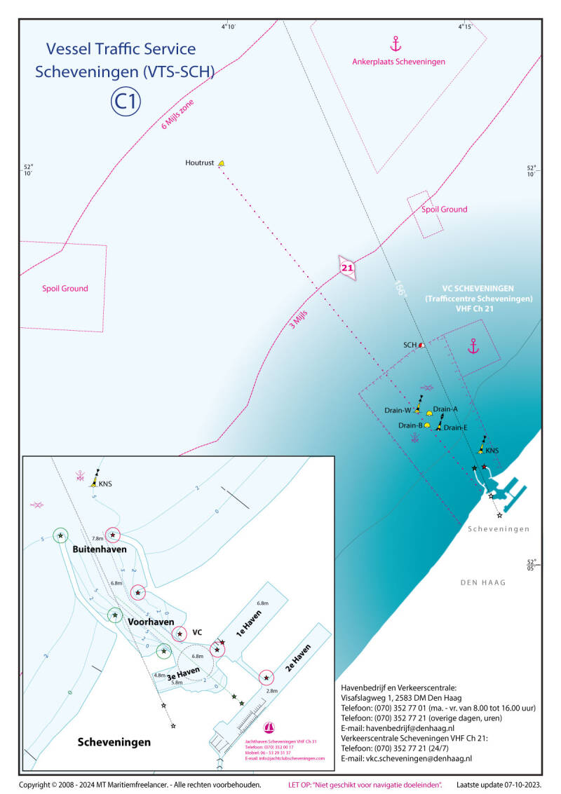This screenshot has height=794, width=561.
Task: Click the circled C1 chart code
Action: [126, 102]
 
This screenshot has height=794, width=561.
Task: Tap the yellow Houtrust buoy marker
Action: [221, 163]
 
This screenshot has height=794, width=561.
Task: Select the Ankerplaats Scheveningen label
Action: [398, 62]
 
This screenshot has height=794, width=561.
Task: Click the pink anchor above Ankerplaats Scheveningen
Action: [396, 44]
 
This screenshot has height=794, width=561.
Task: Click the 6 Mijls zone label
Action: [178, 114]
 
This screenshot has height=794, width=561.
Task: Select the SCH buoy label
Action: [410, 345]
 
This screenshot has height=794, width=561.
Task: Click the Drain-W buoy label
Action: [397, 410]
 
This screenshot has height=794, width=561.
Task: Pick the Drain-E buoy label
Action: [455, 427]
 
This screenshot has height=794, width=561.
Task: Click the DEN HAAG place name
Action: [483, 582]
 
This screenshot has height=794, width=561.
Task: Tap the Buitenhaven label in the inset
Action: [100, 549]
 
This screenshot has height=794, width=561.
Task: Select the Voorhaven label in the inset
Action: [151, 622]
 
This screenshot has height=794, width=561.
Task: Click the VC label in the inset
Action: [197, 632]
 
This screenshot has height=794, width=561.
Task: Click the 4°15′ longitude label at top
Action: [464, 27]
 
